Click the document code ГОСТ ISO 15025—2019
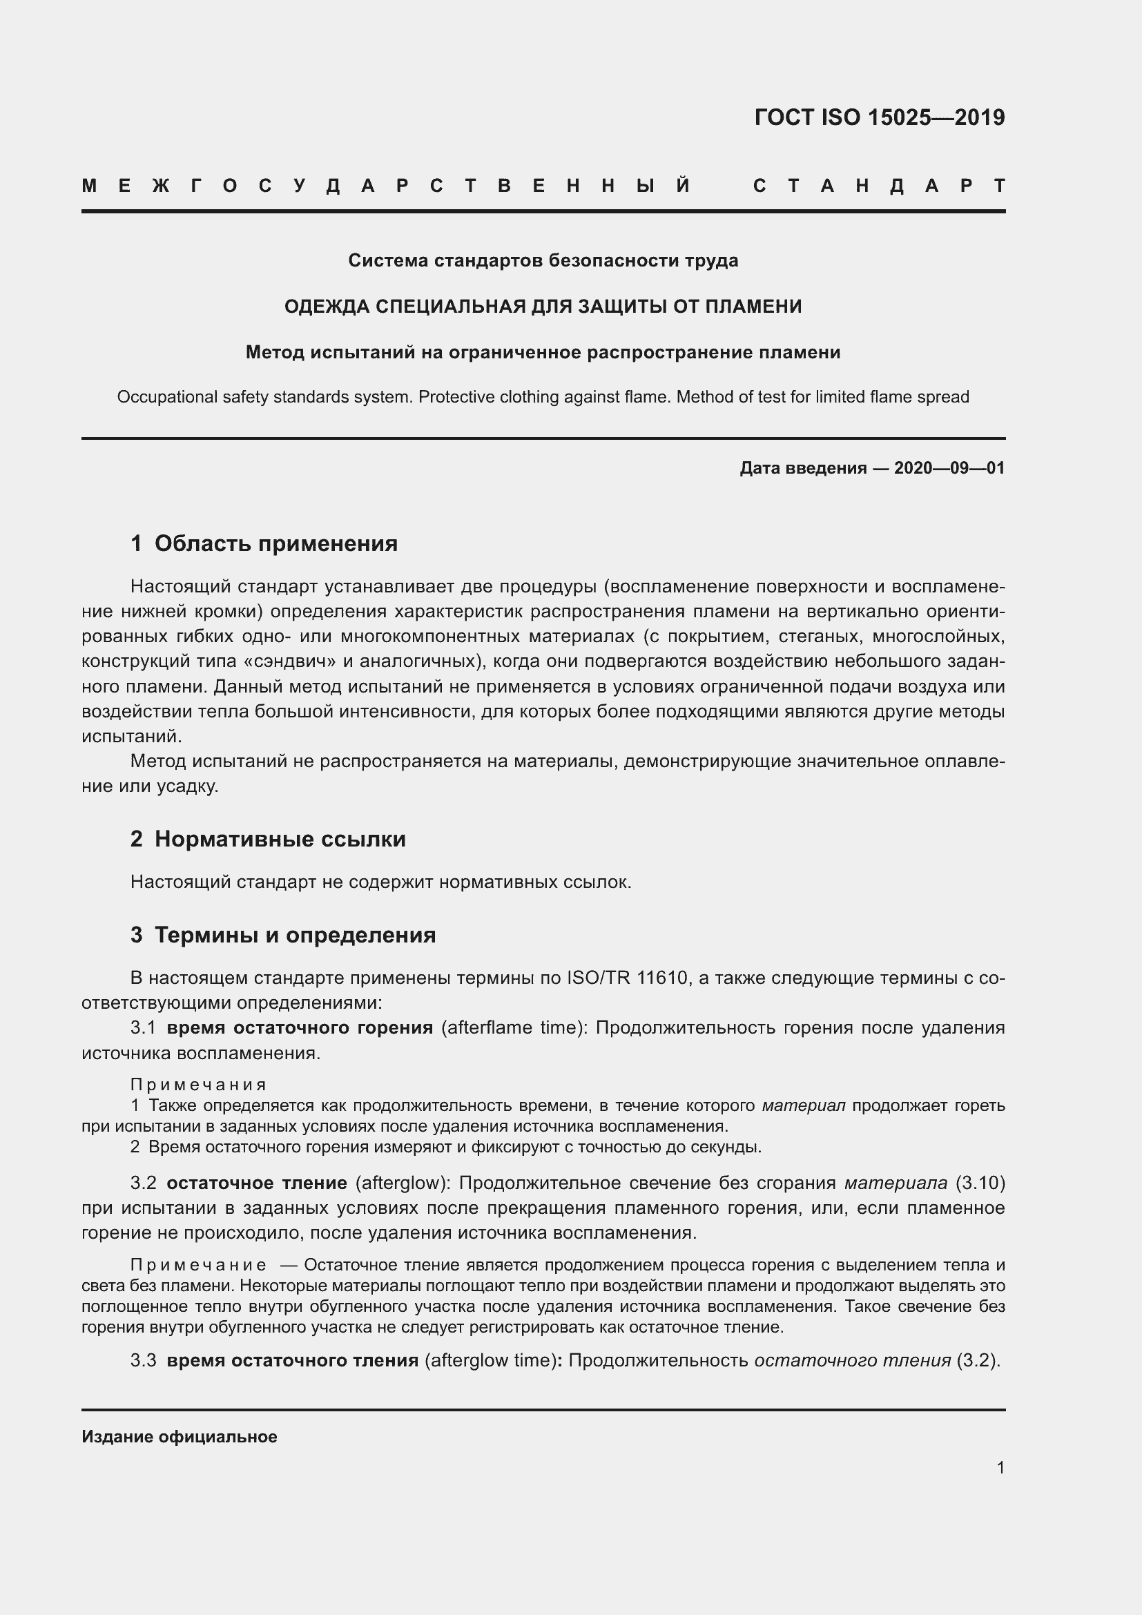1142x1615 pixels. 879,117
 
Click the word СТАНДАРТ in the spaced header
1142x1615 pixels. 879,186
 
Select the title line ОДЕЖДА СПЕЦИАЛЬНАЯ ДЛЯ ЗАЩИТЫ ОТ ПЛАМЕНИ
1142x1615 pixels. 543,307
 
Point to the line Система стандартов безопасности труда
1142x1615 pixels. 543,261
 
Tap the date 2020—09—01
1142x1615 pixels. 949,468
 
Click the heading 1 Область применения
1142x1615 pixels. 264,543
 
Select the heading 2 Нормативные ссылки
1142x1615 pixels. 268,839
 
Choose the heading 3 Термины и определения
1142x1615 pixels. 282,936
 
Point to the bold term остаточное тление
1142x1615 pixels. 257,1183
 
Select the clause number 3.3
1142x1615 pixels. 143,1360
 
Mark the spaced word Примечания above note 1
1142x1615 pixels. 198,1085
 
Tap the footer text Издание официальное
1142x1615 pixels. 180,1437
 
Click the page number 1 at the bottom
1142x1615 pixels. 1000,1468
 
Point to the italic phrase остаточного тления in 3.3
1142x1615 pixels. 852,1360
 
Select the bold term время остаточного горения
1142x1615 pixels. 300,1028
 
